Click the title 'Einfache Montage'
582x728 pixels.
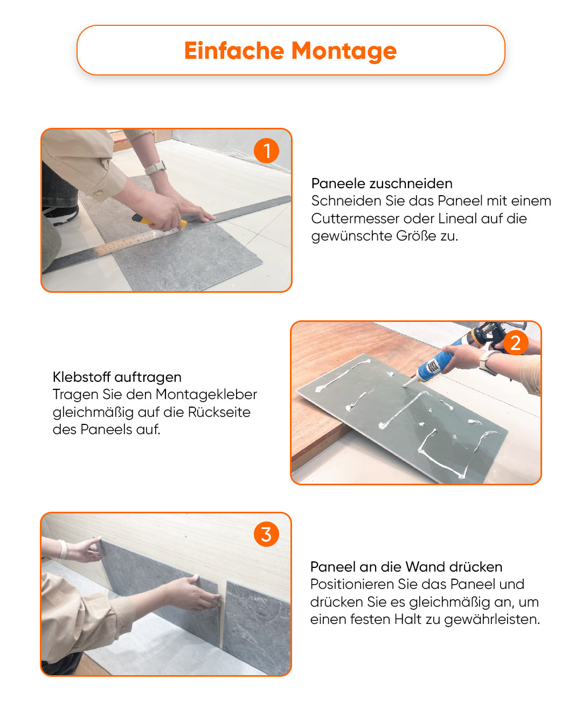pyautogui.click(x=290, y=51)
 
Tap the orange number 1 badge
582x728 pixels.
pyautogui.click(x=266, y=151)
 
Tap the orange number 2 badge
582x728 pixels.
pyautogui.click(x=515, y=343)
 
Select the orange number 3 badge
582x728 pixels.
pyautogui.click(x=266, y=534)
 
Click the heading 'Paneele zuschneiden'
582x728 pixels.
pyautogui.click(x=382, y=183)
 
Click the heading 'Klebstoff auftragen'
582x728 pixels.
pyautogui.click(x=117, y=377)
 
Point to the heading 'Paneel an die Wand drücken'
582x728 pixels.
pyautogui.click(x=406, y=567)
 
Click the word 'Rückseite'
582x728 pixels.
pyautogui.click(x=219, y=412)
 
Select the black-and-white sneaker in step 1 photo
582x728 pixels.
pyautogui.click(x=60, y=215)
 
